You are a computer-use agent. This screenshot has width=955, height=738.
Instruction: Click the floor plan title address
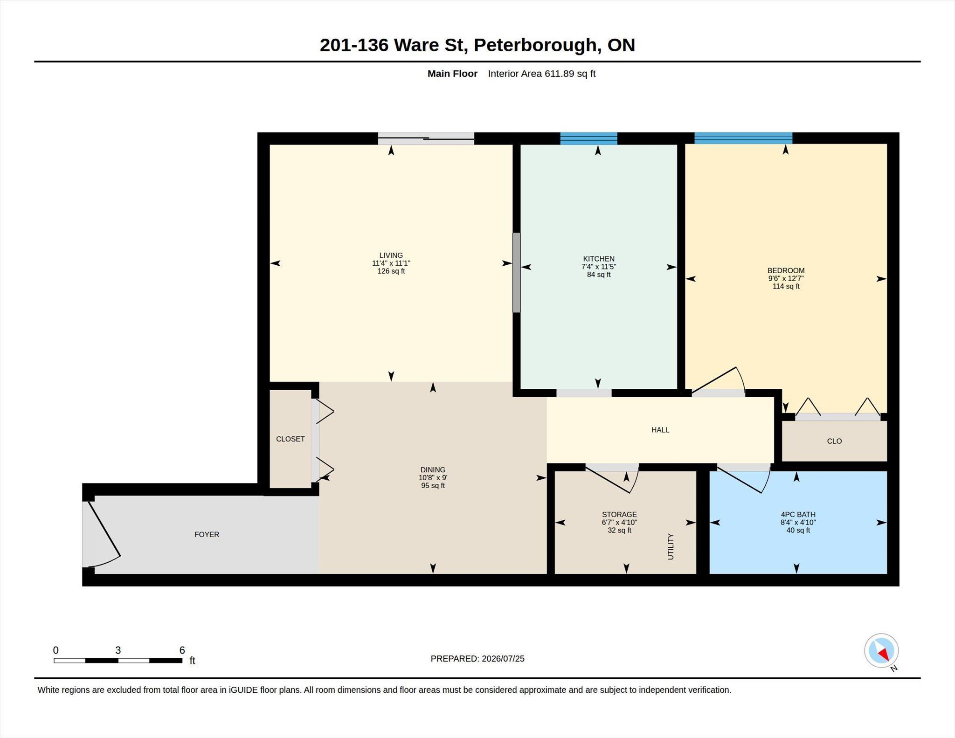[x=477, y=45]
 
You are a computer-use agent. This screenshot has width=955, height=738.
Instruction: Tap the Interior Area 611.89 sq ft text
[x=541, y=74]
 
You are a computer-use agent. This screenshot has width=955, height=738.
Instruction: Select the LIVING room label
[x=391, y=255]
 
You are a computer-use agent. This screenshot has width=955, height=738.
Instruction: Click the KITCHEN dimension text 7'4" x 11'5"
[x=599, y=267]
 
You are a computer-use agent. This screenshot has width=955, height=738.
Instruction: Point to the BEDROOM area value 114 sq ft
[x=786, y=286]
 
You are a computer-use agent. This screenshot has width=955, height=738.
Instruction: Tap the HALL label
[x=660, y=430]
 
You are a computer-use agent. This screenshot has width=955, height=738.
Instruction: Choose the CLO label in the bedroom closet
[x=834, y=441]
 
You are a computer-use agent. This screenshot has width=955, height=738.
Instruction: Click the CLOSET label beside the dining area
[x=290, y=439]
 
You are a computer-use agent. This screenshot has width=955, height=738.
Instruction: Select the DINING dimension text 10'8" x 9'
[x=433, y=478]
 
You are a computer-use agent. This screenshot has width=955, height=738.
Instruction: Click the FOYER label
[x=207, y=535]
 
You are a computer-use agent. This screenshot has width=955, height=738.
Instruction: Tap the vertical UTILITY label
[x=671, y=546]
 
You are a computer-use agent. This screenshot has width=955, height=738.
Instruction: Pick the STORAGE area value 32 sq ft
[x=619, y=531]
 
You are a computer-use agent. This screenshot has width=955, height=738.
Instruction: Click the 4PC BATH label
[x=798, y=515]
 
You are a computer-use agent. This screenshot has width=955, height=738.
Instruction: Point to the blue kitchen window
[x=588, y=138]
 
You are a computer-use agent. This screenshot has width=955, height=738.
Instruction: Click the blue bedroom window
[x=743, y=138]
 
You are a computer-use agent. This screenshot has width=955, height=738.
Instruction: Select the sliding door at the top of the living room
[x=426, y=138]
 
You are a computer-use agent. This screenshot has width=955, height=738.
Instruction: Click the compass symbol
[x=881, y=651]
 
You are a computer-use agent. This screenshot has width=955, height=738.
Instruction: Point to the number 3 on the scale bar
[x=118, y=650]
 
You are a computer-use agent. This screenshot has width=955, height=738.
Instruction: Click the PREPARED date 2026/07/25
[x=503, y=659]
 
